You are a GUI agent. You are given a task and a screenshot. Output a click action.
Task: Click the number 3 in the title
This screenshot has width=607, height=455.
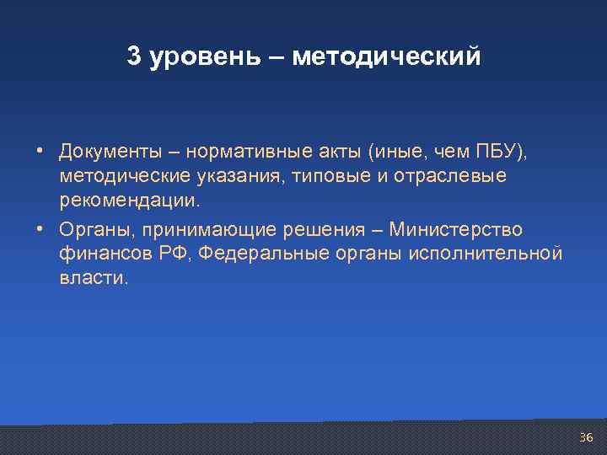pyautogui.click(x=133, y=56)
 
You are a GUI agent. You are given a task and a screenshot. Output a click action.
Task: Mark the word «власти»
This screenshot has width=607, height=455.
pyautogui.click(x=94, y=279)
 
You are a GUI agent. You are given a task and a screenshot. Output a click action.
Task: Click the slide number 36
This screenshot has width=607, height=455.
pyautogui.click(x=586, y=437)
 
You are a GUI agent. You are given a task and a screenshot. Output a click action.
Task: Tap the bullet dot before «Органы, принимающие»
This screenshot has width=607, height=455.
pyautogui.click(x=40, y=229)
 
